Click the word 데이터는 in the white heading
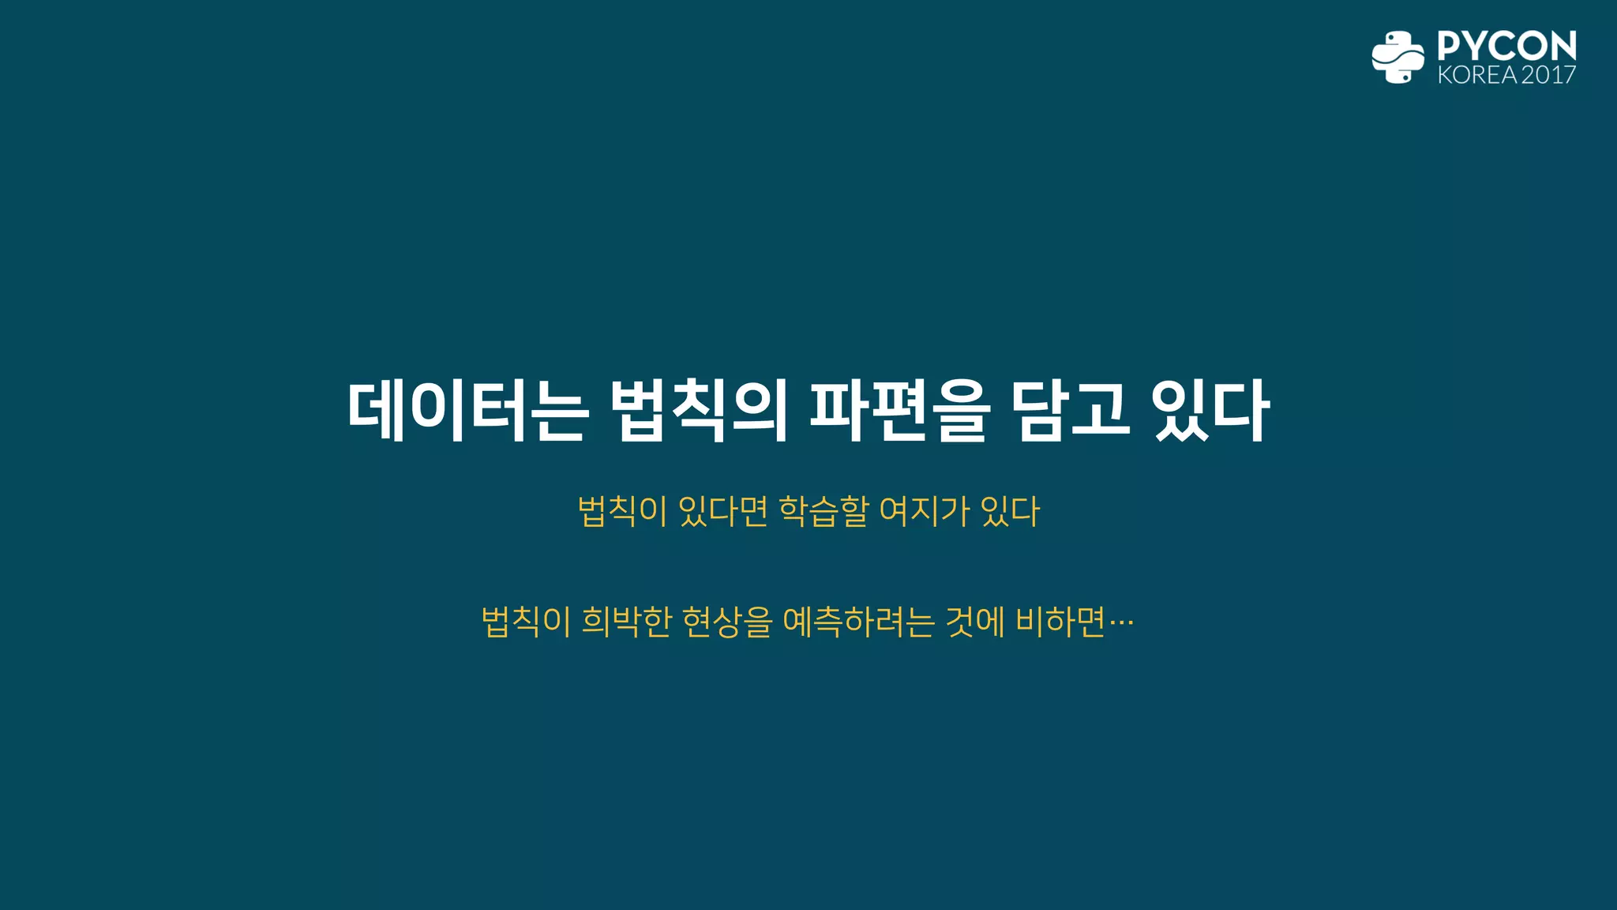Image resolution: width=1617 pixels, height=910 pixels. point(467,411)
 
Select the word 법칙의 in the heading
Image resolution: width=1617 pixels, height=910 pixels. point(700,411)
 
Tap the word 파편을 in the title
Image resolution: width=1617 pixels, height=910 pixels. point(900,411)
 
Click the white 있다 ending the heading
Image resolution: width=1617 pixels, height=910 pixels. point(1211,411)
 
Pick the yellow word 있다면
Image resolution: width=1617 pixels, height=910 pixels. point(722,511)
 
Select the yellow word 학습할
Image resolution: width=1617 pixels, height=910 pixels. point(824,511)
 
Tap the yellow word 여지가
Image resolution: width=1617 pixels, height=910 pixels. point(924,511)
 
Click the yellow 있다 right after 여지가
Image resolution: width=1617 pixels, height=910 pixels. point(1011,511)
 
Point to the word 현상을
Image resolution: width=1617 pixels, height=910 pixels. point(726,622)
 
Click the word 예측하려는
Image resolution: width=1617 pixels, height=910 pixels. point(858,622)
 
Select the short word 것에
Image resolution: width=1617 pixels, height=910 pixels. point(975,622)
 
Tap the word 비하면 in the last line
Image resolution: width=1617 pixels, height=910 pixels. point(1060,622)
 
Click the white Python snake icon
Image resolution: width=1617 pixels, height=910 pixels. point(1398,57)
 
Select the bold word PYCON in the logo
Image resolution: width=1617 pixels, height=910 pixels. point(1506,46)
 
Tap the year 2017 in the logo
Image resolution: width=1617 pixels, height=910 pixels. point(1548,75)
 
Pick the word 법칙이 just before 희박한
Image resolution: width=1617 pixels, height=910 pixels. point(526,622)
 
